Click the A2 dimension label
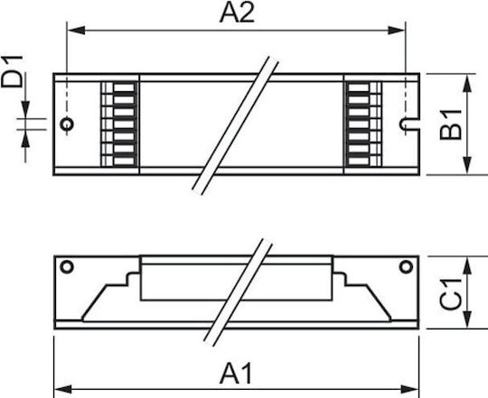coord(237,13)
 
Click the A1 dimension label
coord(236,374)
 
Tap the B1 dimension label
coord(451,125)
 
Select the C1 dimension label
coord(451,294)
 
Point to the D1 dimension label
coord(12,71)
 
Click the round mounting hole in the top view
coord(67,125)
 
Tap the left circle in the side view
coord(67,267)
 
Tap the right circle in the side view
coord(406,267)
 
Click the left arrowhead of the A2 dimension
coord(76,31)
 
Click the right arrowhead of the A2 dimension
coord(396,31)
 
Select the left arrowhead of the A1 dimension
coord(63,389)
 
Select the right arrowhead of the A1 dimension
coord(409,389)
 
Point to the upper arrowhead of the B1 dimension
coord(467,83)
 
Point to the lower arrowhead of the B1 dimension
coord(467,165)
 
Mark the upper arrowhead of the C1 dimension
coord(467,265)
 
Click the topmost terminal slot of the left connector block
coord(124,88)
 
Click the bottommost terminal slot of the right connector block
coord(359,162)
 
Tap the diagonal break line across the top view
coord(235,125)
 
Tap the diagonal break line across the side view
coord(238,292)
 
